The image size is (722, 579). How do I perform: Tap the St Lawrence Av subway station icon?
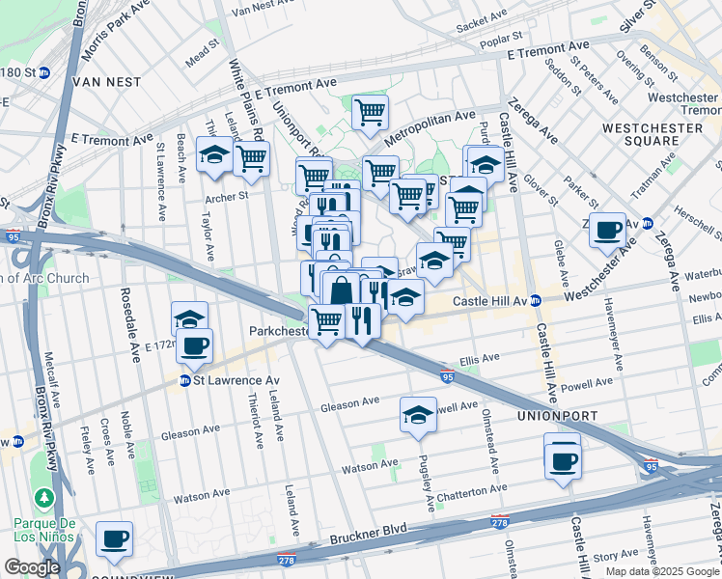(x=184, y=381)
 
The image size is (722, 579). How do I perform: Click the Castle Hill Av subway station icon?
(x=536, y=302)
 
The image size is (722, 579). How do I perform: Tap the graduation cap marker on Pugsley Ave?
(x=417, y=415)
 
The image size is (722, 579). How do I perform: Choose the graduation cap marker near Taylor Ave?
(x=213, y=153)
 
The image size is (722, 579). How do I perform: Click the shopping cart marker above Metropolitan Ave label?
(x=370, y=112)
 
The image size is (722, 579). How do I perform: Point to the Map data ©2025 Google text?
(x=661, y=571)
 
